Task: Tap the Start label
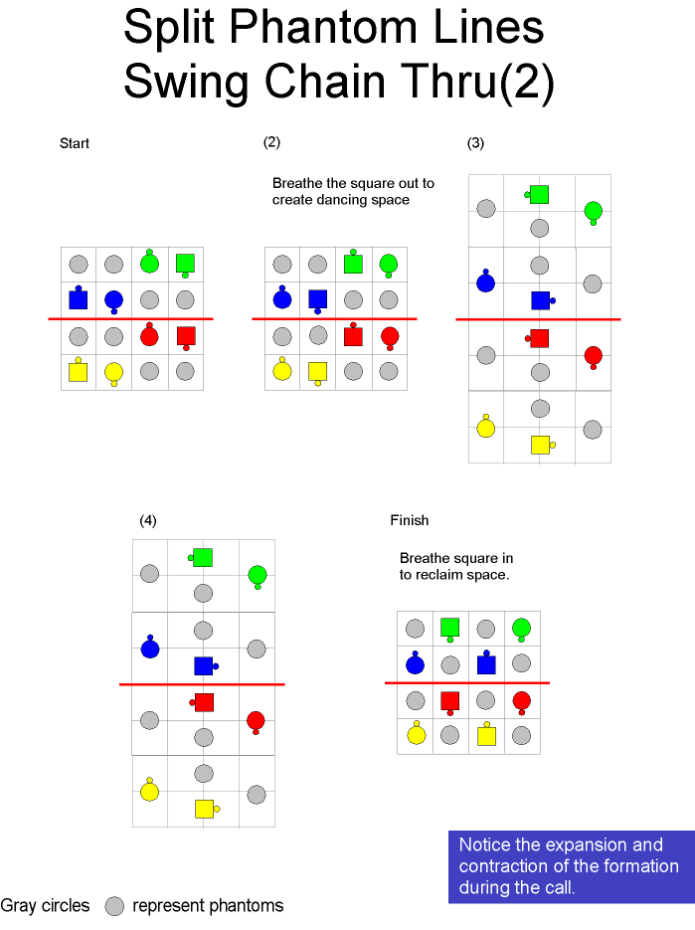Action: [75, 143]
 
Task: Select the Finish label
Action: [410, 520]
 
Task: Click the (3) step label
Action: [475, 143]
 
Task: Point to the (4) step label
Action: [148, 520]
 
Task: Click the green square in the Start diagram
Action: [186, 264]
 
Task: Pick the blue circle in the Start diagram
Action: [114, 300]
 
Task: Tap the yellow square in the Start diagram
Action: [79, 372]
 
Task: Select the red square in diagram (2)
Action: [353, 337]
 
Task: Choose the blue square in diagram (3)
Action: [540, 300]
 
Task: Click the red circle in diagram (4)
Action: [256, 721]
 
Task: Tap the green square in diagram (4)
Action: [203, 558]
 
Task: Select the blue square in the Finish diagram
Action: [486, 664]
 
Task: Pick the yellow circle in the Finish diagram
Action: [417, 735]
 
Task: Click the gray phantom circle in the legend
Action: [114, 906]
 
